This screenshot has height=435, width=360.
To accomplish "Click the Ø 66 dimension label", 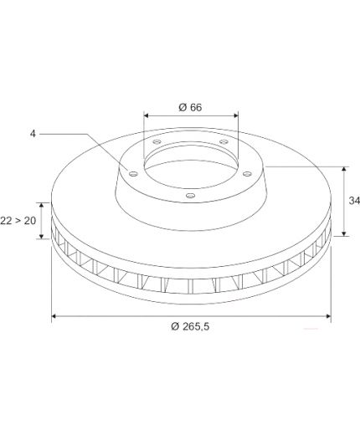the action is pyautogui.click(x=190, y=107).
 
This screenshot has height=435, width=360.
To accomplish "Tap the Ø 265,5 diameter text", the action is pyautogui.click(x=190, y=326).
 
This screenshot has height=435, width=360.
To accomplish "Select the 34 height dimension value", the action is pyautogui.click(x=354, y=201).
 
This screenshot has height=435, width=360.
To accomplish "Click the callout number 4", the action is pyautogui.click(x=33, y=134).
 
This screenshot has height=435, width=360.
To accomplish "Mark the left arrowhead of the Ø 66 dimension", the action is pyautogui.click(x=146, y=115).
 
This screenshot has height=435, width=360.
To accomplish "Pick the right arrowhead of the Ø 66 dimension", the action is pyautogui.click(x=236, y=115).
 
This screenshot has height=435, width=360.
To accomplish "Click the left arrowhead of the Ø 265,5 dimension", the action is pyautogui.click(x=54, y=316).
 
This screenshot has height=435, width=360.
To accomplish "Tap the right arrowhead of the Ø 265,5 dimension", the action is pyautogui.click(x=328, y=316).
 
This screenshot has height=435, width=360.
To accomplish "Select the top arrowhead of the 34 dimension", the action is pyautogui.click(x=344, y=169).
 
